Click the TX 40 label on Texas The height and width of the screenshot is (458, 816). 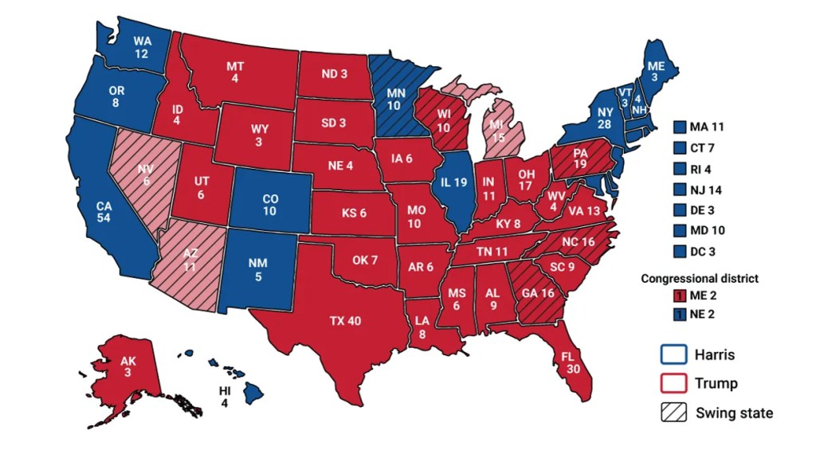[x=345, y=321]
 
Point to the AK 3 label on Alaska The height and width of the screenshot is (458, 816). [x=128, y=367]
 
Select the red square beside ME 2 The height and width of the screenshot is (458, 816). [x=678, y=296]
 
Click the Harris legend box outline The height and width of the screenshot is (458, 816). [x=673, y=354]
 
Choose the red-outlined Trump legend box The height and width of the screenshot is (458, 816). [x=673, y=383]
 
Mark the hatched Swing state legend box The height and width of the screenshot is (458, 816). [x=673, y=412]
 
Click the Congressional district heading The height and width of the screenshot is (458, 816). [x=700, y=279]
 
